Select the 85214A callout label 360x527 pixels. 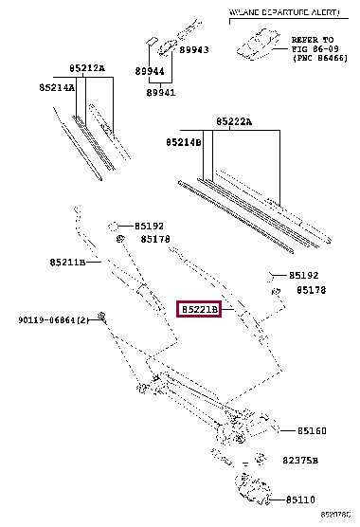[57, 86]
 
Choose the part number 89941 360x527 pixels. [160, 92]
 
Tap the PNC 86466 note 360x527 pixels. [313, 59]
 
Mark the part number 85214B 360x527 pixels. [183, 141]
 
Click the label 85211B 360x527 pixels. [67, 262]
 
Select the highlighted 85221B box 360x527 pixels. [199, 310]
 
